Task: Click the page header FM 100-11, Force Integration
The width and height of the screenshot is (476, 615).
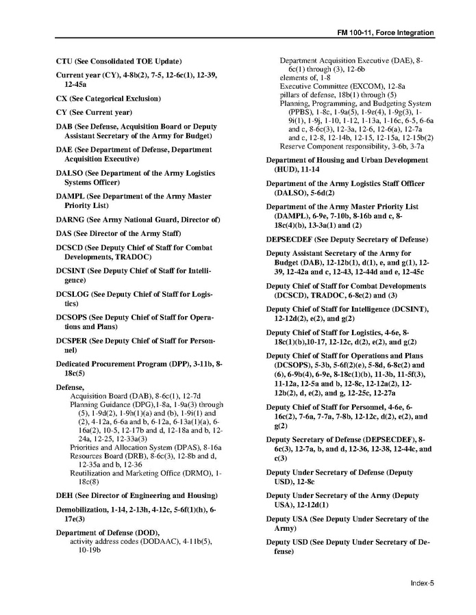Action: (386, 33)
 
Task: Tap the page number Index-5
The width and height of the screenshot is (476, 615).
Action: (423, 583)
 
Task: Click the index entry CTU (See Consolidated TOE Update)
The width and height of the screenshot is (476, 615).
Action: (118, 62)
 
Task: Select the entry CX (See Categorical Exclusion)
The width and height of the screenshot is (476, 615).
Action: (108, 99)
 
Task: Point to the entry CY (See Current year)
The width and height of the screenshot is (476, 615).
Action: (94, 112)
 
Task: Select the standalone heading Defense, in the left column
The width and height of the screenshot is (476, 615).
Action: (71, 387)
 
